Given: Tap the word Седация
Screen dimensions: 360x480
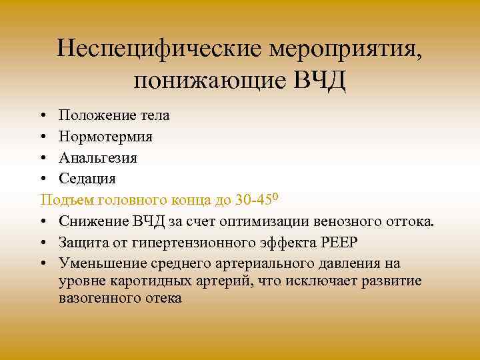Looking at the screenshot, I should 87,179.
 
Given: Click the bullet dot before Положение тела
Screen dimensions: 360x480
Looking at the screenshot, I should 43,116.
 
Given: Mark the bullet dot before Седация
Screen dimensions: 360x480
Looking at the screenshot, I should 43,179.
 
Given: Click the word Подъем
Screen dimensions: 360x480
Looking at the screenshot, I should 67,199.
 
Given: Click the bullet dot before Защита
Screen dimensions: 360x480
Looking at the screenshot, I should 43,242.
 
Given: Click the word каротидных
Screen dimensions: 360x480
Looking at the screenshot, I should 155,281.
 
